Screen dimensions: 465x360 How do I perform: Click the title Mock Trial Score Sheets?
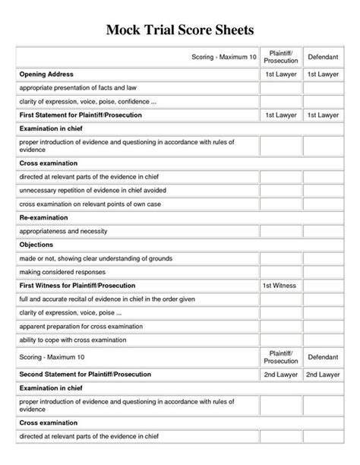tap(180, 30)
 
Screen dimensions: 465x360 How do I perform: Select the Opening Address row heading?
tap(48, 74)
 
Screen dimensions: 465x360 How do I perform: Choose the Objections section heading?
tap(37, 245)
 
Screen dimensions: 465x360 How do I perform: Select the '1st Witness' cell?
tap(281, 285)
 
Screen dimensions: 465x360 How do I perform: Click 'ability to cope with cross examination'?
tap(77, 340)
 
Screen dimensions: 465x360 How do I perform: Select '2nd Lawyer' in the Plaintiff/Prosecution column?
tap(281, 375)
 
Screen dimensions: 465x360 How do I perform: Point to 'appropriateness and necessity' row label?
tap(68, 230)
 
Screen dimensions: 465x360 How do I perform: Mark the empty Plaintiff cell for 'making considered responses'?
tap(281, 271)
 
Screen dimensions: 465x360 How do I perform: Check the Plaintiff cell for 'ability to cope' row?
tap(281, 340)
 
